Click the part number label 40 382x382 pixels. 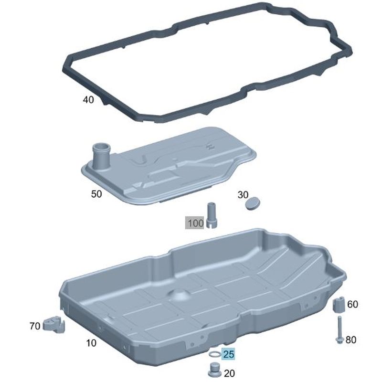point(88,100)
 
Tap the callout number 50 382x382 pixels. point(96,194)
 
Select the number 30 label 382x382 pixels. point(243,195)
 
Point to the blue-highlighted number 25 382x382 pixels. point(229,354)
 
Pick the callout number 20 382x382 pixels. point(229,373)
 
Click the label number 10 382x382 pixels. point(91,343)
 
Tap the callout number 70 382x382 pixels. point(35,326)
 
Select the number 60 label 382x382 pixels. point(352,304)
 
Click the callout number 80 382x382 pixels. point(351,340)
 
